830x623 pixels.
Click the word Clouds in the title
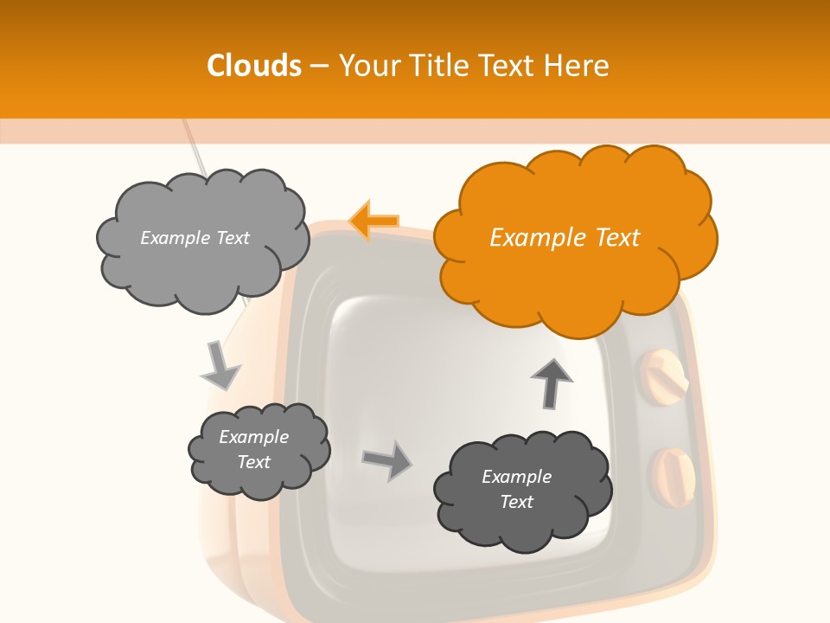point(253,66)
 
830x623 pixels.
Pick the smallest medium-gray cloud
point(258,450)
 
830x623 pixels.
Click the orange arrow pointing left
point(374,221)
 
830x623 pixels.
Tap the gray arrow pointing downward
point(220,364)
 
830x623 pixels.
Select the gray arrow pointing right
point(387,459)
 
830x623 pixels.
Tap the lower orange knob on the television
point(674,475)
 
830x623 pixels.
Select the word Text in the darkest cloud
point(516,502)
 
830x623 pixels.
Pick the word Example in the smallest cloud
point(253,437)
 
